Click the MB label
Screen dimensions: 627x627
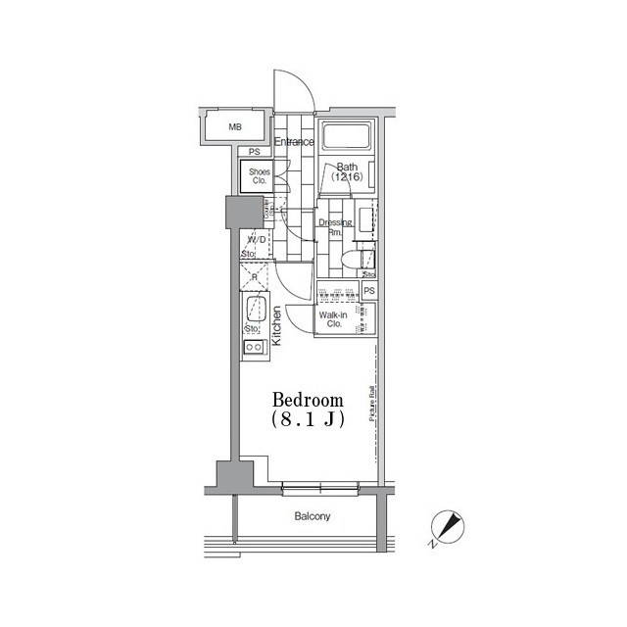click(x=235, y=127)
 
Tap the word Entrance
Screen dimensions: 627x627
click(x=294, y=142)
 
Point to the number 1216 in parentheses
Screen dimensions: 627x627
click(x=347, y=178)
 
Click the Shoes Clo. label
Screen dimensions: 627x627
click(x=259, y=176)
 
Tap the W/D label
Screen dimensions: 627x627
click(x=257, y=239)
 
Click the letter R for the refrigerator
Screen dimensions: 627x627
click(x=254, y=278)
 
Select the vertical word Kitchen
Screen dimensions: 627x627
click(x=277, y=326)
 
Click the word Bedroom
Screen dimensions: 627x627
click(x=308, y=400)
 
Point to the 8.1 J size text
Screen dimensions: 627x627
click(x=308, y=419)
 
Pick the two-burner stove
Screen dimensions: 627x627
click(x=253, y=347)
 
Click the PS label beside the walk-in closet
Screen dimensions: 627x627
click(x=369, y=291)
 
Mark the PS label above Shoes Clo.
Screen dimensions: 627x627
click(x=255, y=152)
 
